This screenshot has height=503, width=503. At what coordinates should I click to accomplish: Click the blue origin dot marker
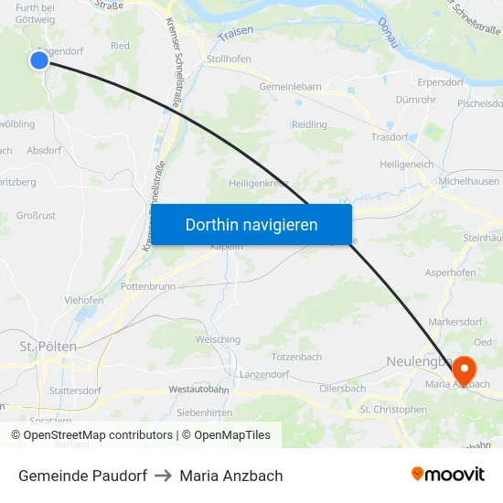38,60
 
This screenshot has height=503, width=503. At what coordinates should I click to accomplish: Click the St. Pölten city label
48,347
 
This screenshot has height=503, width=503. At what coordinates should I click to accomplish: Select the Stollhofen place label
229,59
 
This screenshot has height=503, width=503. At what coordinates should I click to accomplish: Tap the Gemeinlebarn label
290,87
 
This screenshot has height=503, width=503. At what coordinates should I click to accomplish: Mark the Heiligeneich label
407,164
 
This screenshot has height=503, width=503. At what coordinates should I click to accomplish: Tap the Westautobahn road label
198,390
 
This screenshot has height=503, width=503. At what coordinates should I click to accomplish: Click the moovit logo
448,475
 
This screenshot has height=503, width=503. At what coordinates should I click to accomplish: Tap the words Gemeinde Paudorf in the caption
82,476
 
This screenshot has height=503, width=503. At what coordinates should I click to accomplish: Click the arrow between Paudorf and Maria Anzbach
164,476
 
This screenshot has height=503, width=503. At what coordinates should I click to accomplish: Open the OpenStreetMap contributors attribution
91,435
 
